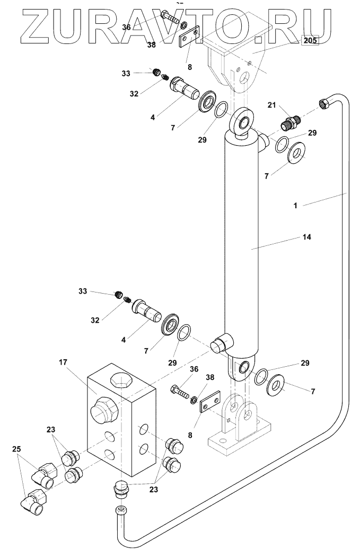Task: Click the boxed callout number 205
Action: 310,40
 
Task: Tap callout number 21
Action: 272,105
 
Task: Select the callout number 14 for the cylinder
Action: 306,236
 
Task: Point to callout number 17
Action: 63,363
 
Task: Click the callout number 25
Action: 17,449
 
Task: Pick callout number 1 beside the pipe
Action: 295,205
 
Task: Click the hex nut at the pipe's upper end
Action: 324,103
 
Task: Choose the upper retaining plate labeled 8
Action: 189,37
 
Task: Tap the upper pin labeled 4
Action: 185,88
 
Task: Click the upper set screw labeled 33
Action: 156,72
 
